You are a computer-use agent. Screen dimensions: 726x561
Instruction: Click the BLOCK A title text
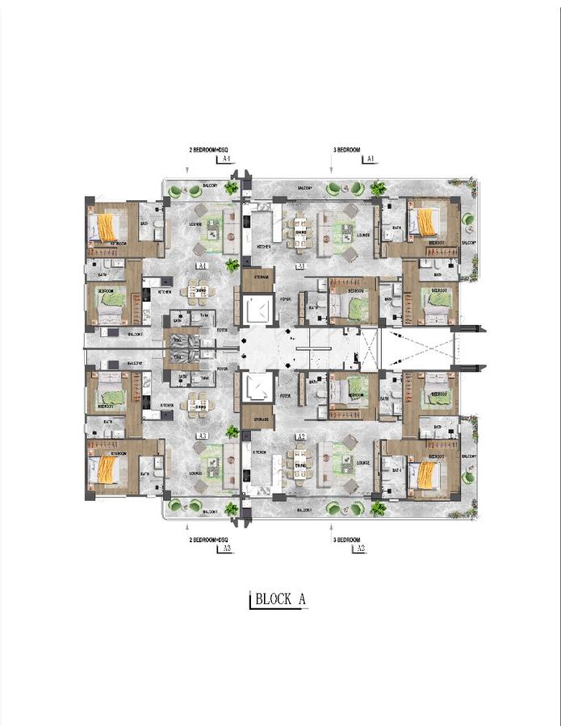point(279,600)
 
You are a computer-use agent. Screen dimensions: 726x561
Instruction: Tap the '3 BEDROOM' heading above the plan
point(346,151)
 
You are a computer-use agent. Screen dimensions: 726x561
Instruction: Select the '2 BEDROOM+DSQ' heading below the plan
point(209,539)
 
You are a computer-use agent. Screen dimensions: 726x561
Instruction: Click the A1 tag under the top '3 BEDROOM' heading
point(371,161)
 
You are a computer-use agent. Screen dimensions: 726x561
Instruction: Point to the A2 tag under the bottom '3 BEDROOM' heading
point(359,549)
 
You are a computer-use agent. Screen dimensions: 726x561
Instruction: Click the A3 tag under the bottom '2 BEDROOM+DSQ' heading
point(226,549)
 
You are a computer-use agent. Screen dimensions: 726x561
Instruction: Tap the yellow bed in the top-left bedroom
point(107,226)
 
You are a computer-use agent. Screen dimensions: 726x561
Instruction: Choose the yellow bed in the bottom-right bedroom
point(425,474)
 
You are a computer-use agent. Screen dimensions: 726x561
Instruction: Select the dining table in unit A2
point(301,463)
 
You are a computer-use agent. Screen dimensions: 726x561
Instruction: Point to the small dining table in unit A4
point(199,291)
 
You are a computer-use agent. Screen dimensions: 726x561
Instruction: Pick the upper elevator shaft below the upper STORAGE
point(258,311)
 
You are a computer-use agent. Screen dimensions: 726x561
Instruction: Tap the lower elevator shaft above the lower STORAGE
point(258,388)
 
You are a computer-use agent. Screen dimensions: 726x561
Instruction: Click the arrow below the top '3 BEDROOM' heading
point(332,169)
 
